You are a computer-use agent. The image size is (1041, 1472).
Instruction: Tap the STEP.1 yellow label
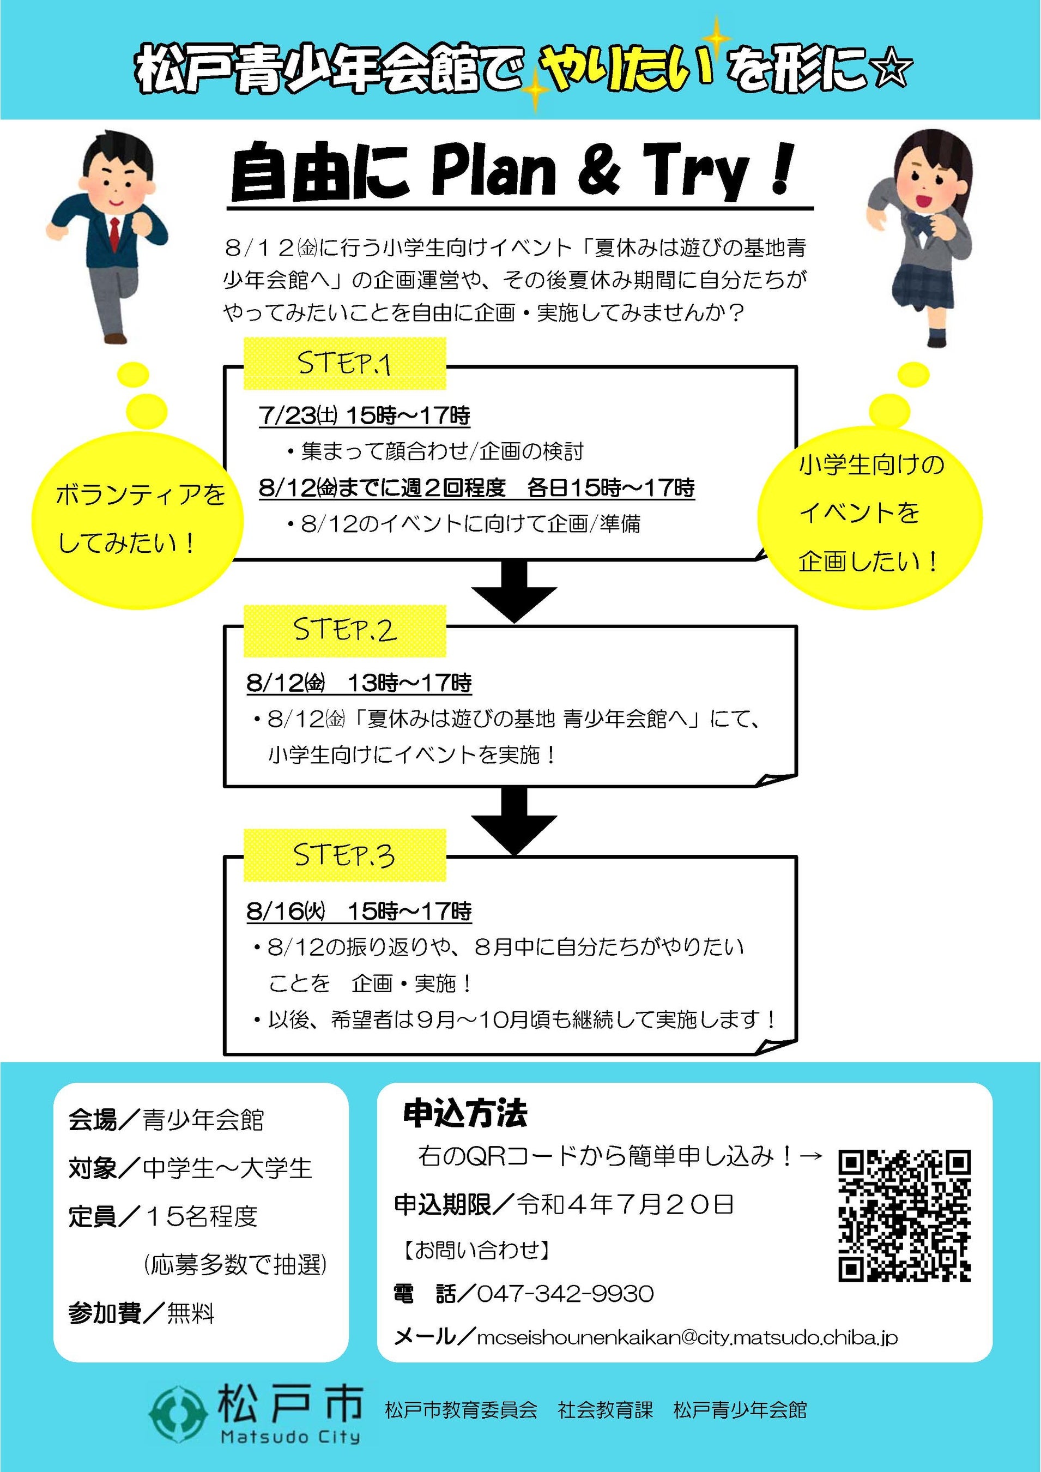click(344, 364)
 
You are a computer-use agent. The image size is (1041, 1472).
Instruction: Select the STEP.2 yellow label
click(344, 630)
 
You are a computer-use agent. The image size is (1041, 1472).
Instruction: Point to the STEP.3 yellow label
click(344, 855)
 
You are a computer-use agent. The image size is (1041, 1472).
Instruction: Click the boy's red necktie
click(114, 233)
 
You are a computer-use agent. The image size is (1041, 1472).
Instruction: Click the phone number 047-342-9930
click(565, 1294)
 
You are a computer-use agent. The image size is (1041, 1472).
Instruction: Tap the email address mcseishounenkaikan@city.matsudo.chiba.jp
click(687, 1337)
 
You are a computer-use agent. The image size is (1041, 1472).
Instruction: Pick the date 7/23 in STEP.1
click(288, 415)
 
